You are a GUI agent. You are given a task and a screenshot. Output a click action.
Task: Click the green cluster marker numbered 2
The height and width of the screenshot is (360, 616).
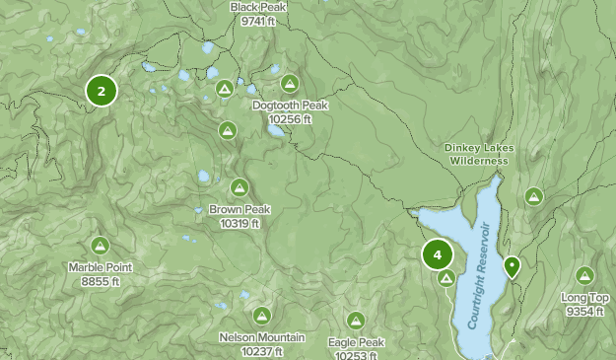[x=102, y=91]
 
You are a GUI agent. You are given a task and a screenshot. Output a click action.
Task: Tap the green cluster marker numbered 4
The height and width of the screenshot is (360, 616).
[x=437, y=254]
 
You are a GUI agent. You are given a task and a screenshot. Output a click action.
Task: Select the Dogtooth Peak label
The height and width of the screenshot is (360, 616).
[x=290, y=106]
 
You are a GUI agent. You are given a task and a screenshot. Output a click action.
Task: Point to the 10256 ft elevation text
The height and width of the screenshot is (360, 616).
[x=290, y=119]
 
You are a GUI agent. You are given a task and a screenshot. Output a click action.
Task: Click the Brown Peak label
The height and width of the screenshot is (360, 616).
[x=240, y=209]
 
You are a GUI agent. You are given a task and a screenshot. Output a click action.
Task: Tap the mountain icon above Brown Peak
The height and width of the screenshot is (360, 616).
[x=240, y=186]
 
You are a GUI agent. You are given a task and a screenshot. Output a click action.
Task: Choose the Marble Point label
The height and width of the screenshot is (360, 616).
[x=101, y=267]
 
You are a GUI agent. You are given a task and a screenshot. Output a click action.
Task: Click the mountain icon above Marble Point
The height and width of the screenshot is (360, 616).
[x=100, y=245]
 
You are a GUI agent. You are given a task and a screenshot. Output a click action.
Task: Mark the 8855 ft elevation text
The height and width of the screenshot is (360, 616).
[x=101, y=281]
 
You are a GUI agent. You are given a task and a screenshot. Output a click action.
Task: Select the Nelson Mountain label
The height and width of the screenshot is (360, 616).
[x=261, y=338]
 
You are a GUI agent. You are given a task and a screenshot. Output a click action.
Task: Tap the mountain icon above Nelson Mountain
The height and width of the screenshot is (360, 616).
[x=261, y=316]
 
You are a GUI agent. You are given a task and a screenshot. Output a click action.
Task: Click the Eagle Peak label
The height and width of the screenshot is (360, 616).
[x=356, y=342]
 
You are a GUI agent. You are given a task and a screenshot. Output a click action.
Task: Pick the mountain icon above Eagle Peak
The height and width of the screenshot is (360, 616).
[x=356, y=320]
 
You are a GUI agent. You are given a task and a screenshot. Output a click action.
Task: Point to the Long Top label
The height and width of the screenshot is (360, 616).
[x=585, y=298]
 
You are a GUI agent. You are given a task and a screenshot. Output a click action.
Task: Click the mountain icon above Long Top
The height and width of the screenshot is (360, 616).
[x=585, y=275]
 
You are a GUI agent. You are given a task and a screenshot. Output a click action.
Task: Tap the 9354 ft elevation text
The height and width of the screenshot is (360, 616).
[x=585, y=312]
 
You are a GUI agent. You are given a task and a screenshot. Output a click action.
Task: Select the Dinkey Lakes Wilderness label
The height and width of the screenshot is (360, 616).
[x=478, y=154]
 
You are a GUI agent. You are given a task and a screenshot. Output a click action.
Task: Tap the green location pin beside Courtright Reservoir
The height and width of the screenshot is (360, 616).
[x=512, y=266]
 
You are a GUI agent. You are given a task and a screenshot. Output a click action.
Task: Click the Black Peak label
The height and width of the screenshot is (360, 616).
[x=257, y=7]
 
